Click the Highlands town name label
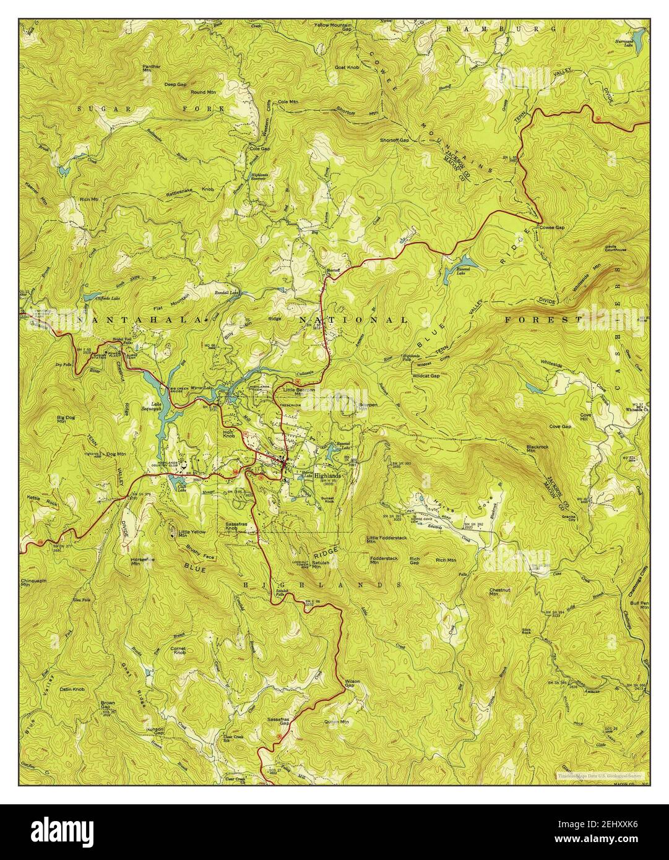click(327, 476)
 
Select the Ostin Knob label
click(72, 689)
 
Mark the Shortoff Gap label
click(395, 140)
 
